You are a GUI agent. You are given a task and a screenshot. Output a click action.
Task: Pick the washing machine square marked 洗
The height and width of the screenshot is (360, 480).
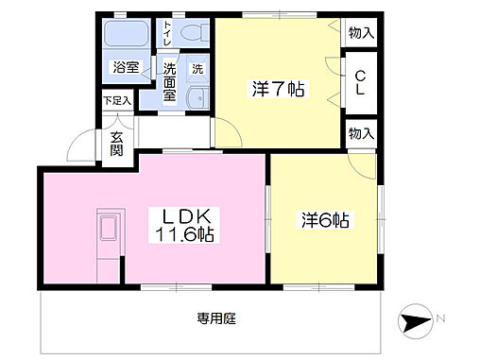(198, 68)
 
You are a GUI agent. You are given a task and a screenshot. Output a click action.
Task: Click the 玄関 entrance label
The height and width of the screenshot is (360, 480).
(117, 144)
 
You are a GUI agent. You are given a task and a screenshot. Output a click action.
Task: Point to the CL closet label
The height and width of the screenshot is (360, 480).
(360, 81)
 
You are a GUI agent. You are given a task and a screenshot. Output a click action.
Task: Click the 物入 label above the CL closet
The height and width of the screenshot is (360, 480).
(360, 33)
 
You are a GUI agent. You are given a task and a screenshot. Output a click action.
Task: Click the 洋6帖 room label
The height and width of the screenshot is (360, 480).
(327, 221)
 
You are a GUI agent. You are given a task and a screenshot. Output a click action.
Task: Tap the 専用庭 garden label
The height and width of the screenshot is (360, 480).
(216, 317)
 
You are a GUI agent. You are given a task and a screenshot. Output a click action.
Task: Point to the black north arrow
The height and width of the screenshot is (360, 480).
(413, 321)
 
